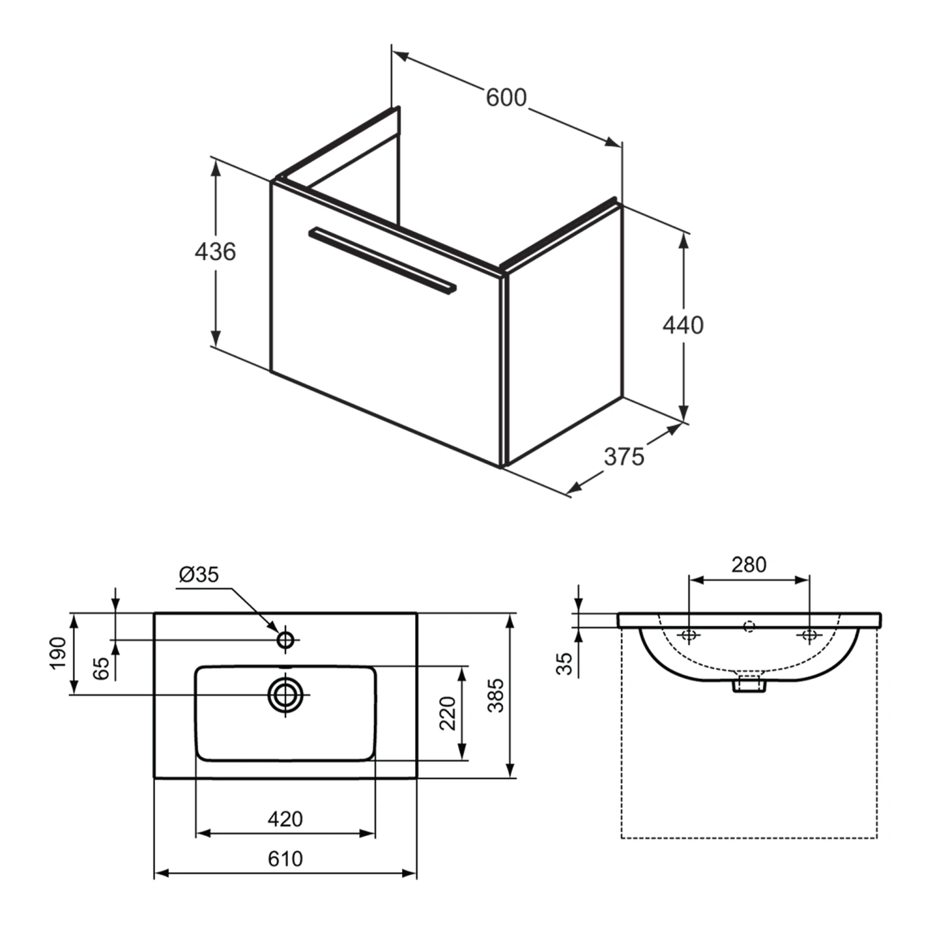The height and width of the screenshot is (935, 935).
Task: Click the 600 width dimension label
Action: pyautogui.click(x=506, y=98)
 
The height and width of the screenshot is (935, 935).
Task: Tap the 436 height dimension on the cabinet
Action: pyautogui.click(x=215, y=252)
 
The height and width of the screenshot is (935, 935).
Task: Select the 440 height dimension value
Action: pyautogui.click(x=683, y=325)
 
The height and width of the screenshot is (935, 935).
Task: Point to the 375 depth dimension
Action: pyautogui.click(x=623, y=457)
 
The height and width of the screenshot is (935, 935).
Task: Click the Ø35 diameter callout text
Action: pyautogui.click(x=199, y=574)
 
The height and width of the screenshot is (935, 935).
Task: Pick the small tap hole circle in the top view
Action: pyautogui.click(x=285, y=640)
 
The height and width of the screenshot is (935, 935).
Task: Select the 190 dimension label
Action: pyautogui.click(x=58, y=653)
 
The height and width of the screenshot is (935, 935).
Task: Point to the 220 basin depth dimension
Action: pyautogui.click(x=448, y=713)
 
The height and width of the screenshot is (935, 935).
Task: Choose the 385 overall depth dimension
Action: pyautogui.click(x=496, y=696)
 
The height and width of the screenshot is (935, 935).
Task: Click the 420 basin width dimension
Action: pyautogui.click(x=285, y=818)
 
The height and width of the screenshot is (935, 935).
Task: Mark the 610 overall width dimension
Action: pyautogui.click(x=285, y=859)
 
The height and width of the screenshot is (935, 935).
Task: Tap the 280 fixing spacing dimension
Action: pyautogui.click(x=749, y=565)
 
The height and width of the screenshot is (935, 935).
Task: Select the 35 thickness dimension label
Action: pyautogui.click(x=564, y=663)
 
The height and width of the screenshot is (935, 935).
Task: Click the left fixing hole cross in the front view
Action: pyautogui.click(x=689, y=635)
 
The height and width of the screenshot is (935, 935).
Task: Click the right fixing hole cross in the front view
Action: pyautogui.click(x=809, y=635)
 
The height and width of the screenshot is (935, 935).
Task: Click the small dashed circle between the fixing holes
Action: pyautogui.click(x=749, y=626)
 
